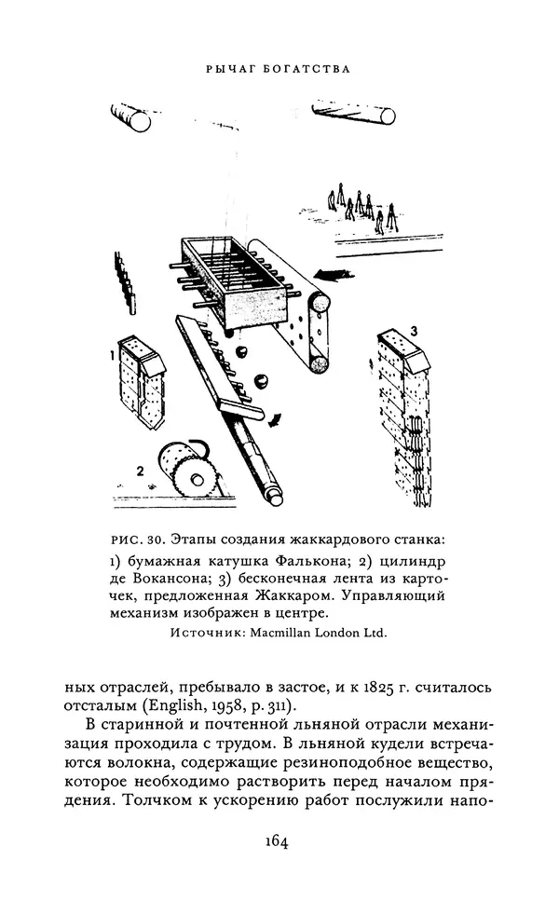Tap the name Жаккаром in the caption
[x=293, y=595]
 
